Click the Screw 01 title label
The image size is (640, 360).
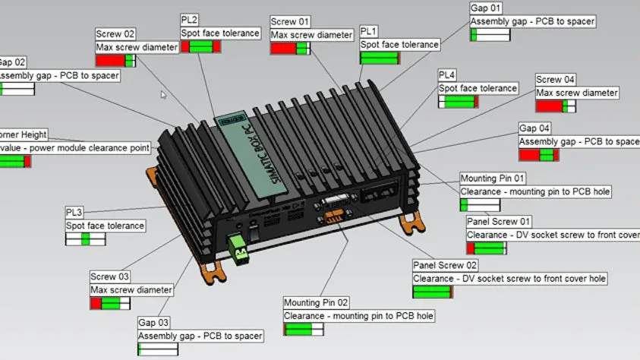point(290,21)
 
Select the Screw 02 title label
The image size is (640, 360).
point(115,33)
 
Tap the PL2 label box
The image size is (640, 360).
point(190,20)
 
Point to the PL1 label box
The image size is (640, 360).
point(369,31)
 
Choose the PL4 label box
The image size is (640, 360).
point(447,74)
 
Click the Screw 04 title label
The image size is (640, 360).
point(556,80)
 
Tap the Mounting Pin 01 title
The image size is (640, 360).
point(492,178)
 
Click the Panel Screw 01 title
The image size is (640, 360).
point(499,222)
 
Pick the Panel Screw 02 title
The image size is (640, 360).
point(445,265)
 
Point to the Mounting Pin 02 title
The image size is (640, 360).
point(317,302)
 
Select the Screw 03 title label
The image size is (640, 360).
point(110,276)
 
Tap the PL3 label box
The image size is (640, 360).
point(75,212)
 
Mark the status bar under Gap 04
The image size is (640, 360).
point(538,155)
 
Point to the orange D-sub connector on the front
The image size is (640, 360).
point(332,217)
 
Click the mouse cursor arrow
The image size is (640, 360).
point(162,95)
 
